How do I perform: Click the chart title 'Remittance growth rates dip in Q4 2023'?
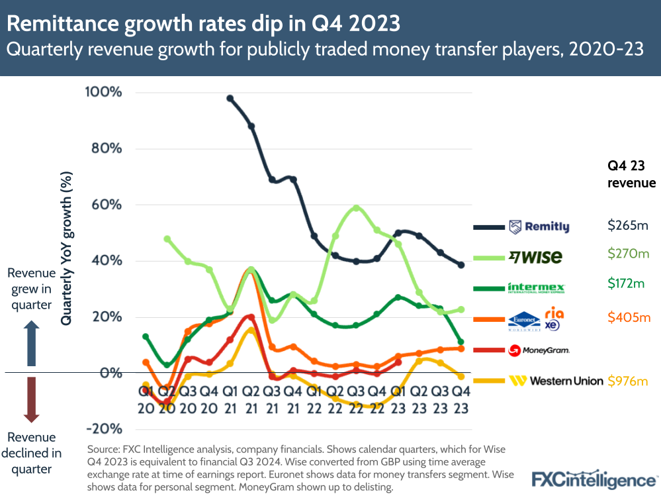tap(203, 23)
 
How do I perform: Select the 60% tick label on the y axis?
tap(104, 204)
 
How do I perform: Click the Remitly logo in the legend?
tap(539, 227)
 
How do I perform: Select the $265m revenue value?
tap(628, 226)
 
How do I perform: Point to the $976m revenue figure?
tap(628, 381)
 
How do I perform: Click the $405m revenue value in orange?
tap(628, 318)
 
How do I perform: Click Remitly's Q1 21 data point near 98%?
tap(230, 98)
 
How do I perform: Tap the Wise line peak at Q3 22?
tap(357, 207)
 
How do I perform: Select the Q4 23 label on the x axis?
tap(461, 399)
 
